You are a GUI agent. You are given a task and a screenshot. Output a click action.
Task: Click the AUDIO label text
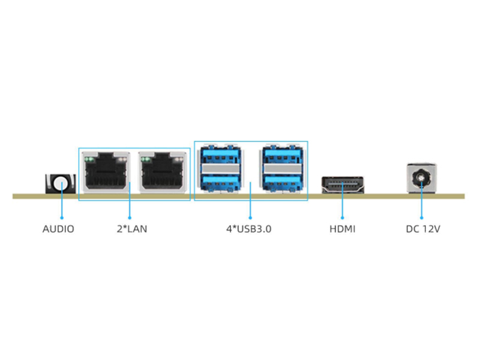click(x=58, y=229)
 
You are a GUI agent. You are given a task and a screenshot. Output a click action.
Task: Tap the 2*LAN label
click(x=131, y=229)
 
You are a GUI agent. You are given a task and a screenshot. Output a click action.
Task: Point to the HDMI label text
click(x=342, y=229)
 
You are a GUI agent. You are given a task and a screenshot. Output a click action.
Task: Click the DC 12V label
click(x=423, y=229)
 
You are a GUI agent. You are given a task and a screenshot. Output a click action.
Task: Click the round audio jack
click(x=61, y=182)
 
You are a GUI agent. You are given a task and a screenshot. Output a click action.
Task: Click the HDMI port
click(x=343, y=185)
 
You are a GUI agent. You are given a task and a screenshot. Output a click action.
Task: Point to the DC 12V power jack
click(x=421, y=178)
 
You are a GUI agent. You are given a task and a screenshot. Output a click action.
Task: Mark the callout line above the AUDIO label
click(x=61, y=207)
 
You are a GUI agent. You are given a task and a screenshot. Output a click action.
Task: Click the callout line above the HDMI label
click(x=343, y=207)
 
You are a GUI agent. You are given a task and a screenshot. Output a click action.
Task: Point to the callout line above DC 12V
click(x=421, y=207)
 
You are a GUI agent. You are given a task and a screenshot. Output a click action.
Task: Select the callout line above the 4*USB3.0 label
click(x=250, y=207)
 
